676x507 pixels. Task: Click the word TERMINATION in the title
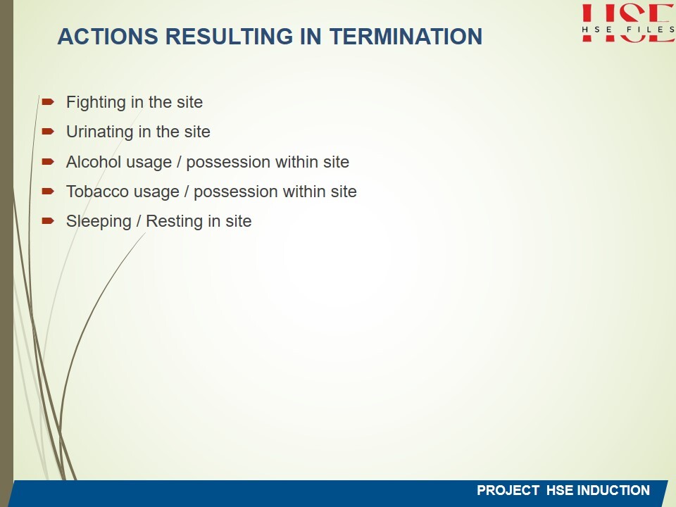(x=406, y=36)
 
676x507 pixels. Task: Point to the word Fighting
(x=96, y=103)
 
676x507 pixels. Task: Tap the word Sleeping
(x=99, y=222)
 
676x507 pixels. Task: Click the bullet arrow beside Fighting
(x=48, y=101)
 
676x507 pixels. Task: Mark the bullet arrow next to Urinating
(x=48, y=131)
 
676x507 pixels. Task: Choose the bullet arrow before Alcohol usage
(x=48, y=162)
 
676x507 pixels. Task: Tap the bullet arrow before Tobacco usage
(x=48, y=191)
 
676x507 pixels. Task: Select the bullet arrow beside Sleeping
(x=48, y=220)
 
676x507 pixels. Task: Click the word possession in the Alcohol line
(x=228, y=163)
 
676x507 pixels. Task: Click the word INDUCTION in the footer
(x=613, y=490)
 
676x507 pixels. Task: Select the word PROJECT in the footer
(x=508, y=490)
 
